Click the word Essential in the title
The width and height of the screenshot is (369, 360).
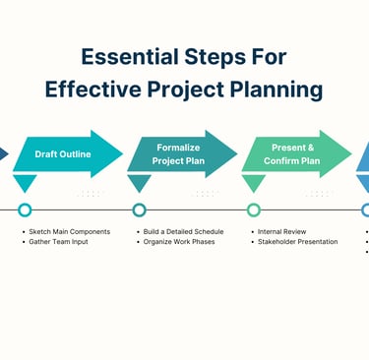coord(130,57)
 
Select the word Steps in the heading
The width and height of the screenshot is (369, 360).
coord(215,58)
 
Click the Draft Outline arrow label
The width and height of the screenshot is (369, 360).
coord(63,154)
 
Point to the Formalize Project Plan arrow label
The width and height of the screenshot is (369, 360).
coord(178,154)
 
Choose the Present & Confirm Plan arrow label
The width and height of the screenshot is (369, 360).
coord(292,154)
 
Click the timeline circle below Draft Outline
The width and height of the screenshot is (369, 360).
coord(25,210)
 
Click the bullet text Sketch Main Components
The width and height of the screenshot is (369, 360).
coord(70,231)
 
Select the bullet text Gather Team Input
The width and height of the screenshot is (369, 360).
coord(58,242)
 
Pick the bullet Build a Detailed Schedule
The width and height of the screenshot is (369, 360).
coord(183,231)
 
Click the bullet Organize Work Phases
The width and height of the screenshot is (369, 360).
coord(179,242)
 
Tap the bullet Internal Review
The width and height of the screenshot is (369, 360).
coord(281,231)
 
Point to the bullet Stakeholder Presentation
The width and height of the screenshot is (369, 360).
coord(297,242)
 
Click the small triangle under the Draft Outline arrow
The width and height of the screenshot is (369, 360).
coord(25,181)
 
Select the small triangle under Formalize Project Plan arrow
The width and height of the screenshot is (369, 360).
coord(140,181)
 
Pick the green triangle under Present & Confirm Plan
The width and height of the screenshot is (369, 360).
coord(254,181)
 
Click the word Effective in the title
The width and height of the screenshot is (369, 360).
coord(93,90)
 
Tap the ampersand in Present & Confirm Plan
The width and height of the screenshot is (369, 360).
coord(310,148)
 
